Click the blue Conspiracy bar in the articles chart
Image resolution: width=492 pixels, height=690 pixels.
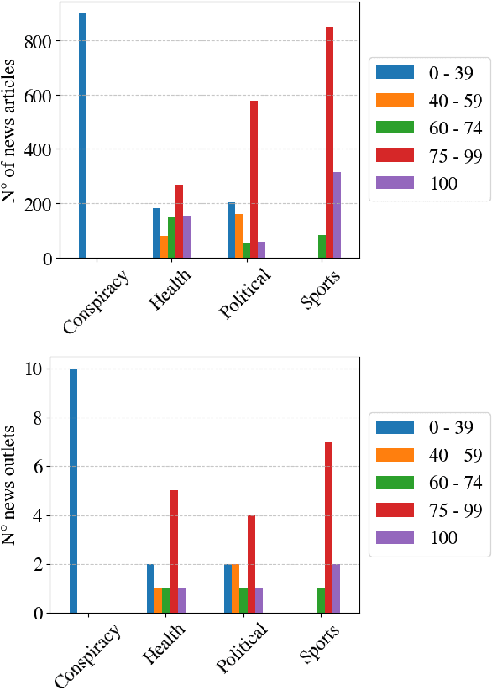[x=82, y=136]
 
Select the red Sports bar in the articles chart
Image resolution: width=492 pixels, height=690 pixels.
[x=330, y=143]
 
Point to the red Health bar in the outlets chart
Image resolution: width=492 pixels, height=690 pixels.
[x=174, y=541]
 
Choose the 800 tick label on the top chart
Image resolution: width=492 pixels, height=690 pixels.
[x=40, y=41]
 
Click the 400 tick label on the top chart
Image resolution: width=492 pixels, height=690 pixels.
[x=40, y=149]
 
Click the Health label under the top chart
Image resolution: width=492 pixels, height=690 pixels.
[x=169, y=290]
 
